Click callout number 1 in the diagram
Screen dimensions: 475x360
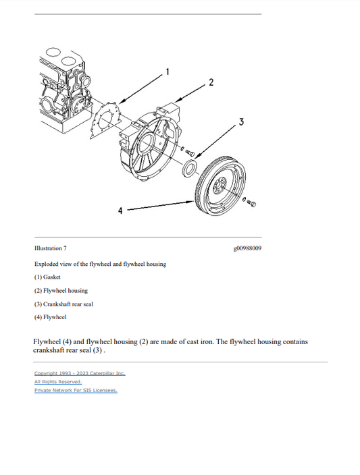pos(168,71)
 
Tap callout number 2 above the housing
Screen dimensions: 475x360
pos(211,82)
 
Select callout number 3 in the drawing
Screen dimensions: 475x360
pos(241,121)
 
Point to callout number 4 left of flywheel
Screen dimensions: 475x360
pos(120,211)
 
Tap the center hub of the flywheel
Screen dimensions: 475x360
pos(220,185)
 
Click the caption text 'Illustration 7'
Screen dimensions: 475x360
pos(51,248)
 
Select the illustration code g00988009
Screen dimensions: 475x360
pos(247,248)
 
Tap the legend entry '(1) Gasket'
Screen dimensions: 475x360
pos(47,277)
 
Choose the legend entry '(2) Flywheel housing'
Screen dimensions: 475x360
pos(61,290)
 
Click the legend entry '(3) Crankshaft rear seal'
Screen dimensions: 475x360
pos(63,304)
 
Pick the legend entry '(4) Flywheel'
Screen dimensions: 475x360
pos(50,317)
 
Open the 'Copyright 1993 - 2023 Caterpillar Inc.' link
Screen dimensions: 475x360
pos(80,373)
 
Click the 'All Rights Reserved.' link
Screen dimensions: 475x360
pos(58,381)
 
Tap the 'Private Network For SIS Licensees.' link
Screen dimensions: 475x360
pos(76,390)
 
